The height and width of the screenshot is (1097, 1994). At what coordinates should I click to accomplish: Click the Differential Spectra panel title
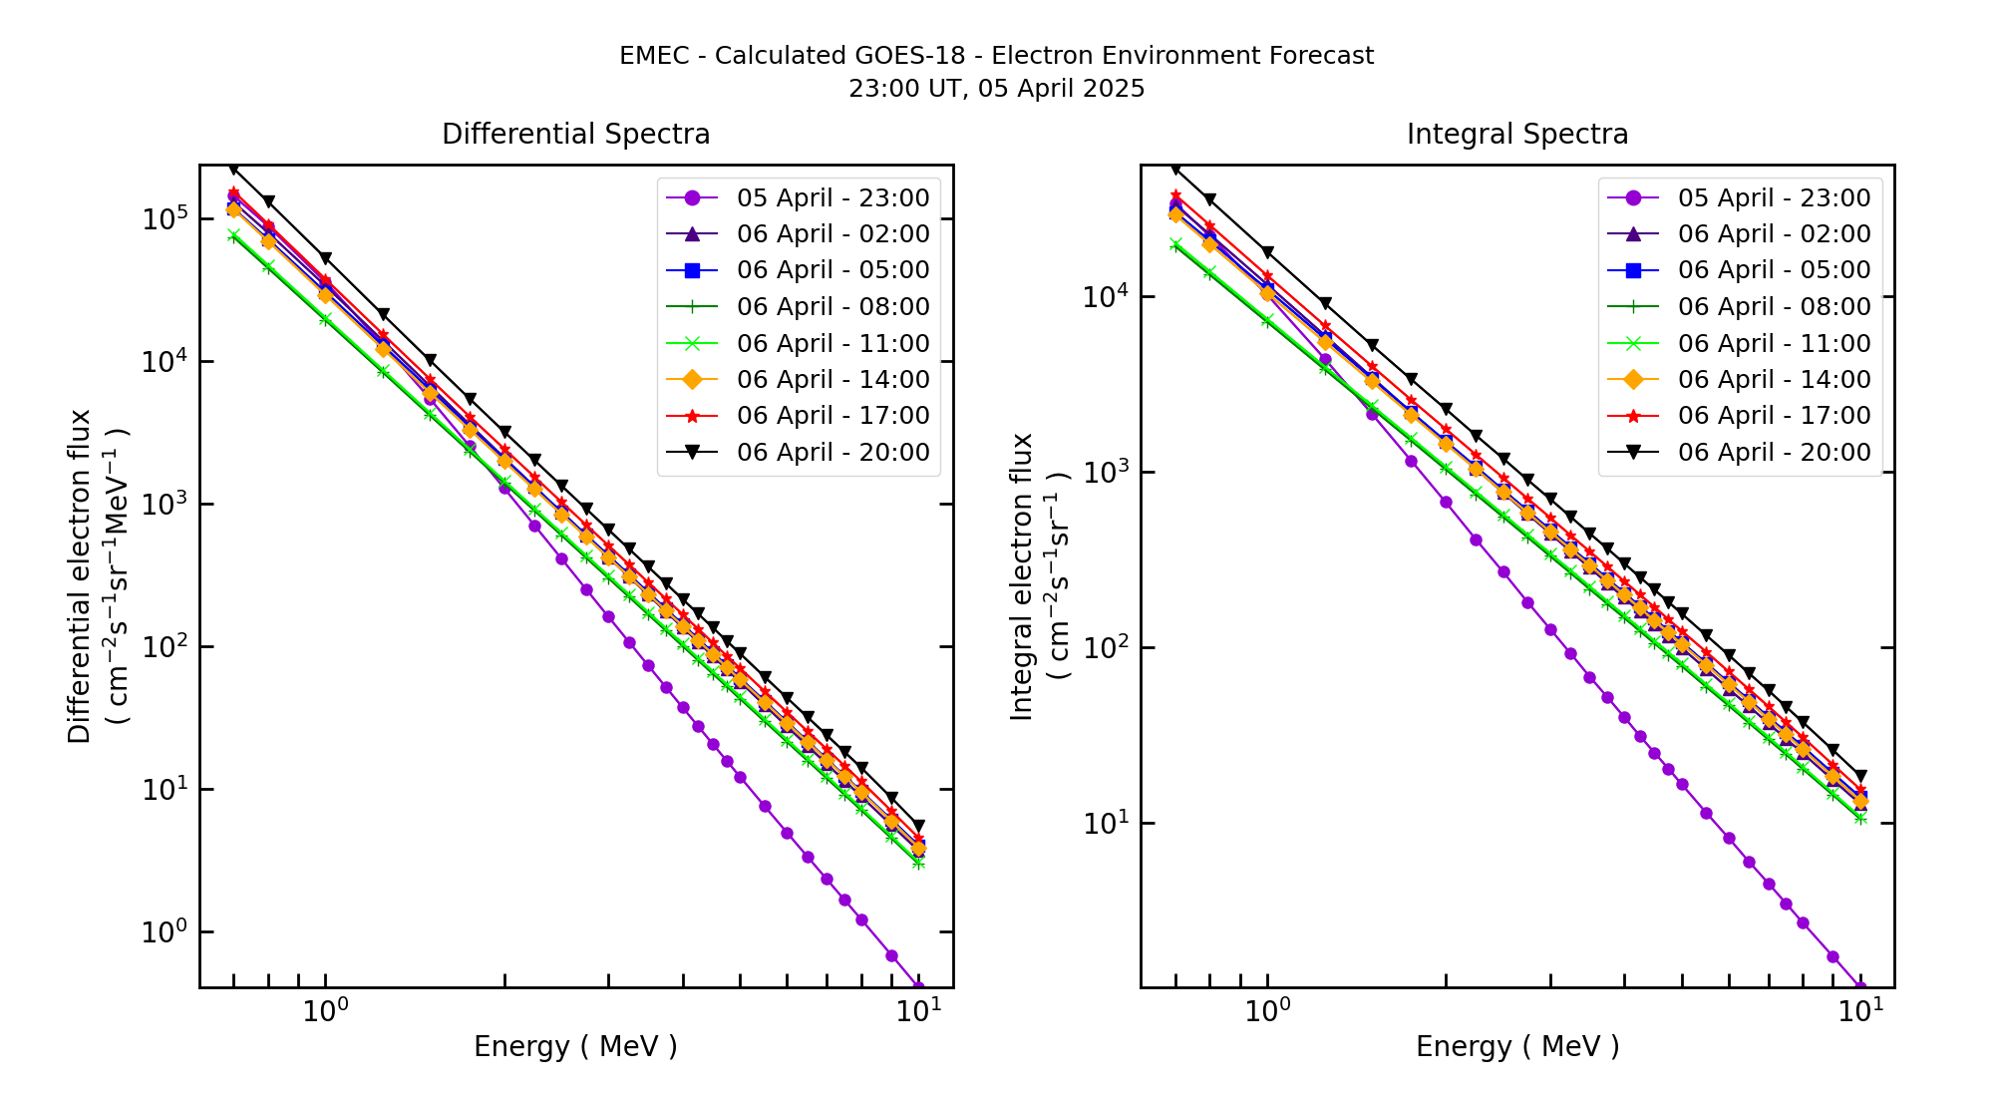pyautogui.click(x=575, y=135)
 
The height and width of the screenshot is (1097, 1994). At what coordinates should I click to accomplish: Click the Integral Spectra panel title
pyautogui.click(x=1516, y=135)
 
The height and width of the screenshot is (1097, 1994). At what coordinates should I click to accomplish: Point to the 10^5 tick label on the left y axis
pyautogui.click(x=164, y=218)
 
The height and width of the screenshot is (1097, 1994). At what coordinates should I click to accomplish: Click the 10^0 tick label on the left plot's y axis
pyautogui.click(x=164, y=931)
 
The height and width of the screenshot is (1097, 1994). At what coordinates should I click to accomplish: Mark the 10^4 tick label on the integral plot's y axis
pyautogui.click(x=1105, y=296)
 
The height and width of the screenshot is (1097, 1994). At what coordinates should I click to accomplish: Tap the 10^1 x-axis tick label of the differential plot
pyautogui.click(x=918, y=1011)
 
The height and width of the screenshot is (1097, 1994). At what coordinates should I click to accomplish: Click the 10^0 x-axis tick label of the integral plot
pyautogui.click(x=1267, y=1011)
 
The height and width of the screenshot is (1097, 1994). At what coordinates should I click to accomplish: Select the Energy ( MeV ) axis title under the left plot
pyautogui.click(x=575, y=1047)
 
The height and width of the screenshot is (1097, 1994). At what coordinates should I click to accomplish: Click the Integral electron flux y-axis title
pyautogui.click(x=1023, y=576)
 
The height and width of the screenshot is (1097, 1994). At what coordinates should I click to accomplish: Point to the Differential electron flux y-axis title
pyautogui.click(x=80, y=576)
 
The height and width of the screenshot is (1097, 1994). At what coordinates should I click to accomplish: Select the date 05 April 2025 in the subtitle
pyautogui.click(x=1061, y=89)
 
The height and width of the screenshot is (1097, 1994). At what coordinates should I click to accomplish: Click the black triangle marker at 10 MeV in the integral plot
pyautogui.click(x=1860, y=776)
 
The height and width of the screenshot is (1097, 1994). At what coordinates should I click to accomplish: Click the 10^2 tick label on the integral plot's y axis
pyautogui.click(x=1105, y=647)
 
